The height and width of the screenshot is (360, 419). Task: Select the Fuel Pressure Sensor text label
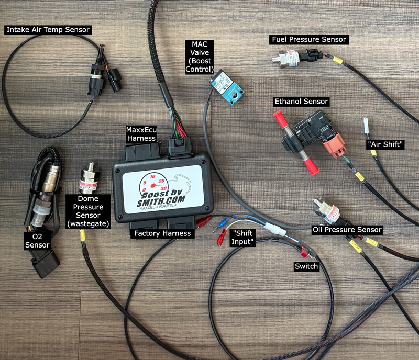tap(309, 39)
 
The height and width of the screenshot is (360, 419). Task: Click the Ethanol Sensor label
tap(301, 101)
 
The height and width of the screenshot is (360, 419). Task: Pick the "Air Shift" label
tap(385, 144)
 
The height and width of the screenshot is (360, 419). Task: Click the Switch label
tap(306, 266)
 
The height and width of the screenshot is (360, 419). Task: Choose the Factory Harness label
tap(162, 233)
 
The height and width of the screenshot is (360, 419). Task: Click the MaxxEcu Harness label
tap(141, 133)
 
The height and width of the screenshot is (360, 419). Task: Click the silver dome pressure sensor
tap(90, 179)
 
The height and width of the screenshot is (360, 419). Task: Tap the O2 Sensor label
tap(37, 240)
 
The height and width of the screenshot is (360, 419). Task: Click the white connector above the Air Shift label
tap(367, 126)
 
